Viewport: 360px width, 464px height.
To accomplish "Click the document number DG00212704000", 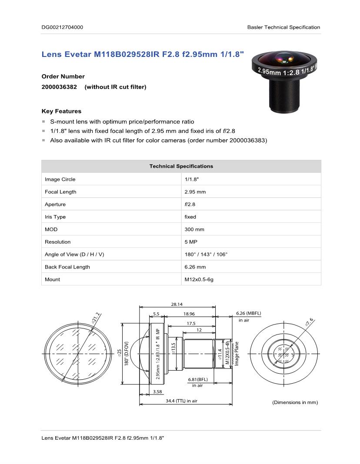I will click(x=62, y=27).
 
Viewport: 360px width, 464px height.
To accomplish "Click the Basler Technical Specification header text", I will click(x=283, y=27).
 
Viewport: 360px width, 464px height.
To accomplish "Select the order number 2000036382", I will click(x=59, y=87).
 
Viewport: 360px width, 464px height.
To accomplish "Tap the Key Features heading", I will click(x=61, y=111).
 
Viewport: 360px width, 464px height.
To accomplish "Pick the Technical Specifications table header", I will click(x=181, y=166).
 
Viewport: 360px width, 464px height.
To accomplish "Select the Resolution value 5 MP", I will click(x=191, y=242).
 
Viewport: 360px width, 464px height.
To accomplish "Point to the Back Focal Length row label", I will click(x=67, y=267).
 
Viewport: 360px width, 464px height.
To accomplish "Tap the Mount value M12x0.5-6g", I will click(x=199, y=279).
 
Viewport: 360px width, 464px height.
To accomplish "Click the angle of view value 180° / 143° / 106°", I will click(x=206, y=255).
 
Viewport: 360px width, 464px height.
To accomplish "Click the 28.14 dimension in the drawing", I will click(x=177, y=305).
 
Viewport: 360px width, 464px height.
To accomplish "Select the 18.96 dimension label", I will click(x=189, y=313).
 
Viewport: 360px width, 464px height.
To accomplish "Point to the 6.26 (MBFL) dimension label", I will click(x=248, y=313).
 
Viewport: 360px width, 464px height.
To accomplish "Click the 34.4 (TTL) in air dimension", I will click(x=181, y=401).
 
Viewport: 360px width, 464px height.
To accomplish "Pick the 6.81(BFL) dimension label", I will click(x=198, y=379).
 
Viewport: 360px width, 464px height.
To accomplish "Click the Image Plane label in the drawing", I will click(x=237, y=353).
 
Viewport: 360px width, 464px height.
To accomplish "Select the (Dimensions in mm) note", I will click(x=295, y=402).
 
